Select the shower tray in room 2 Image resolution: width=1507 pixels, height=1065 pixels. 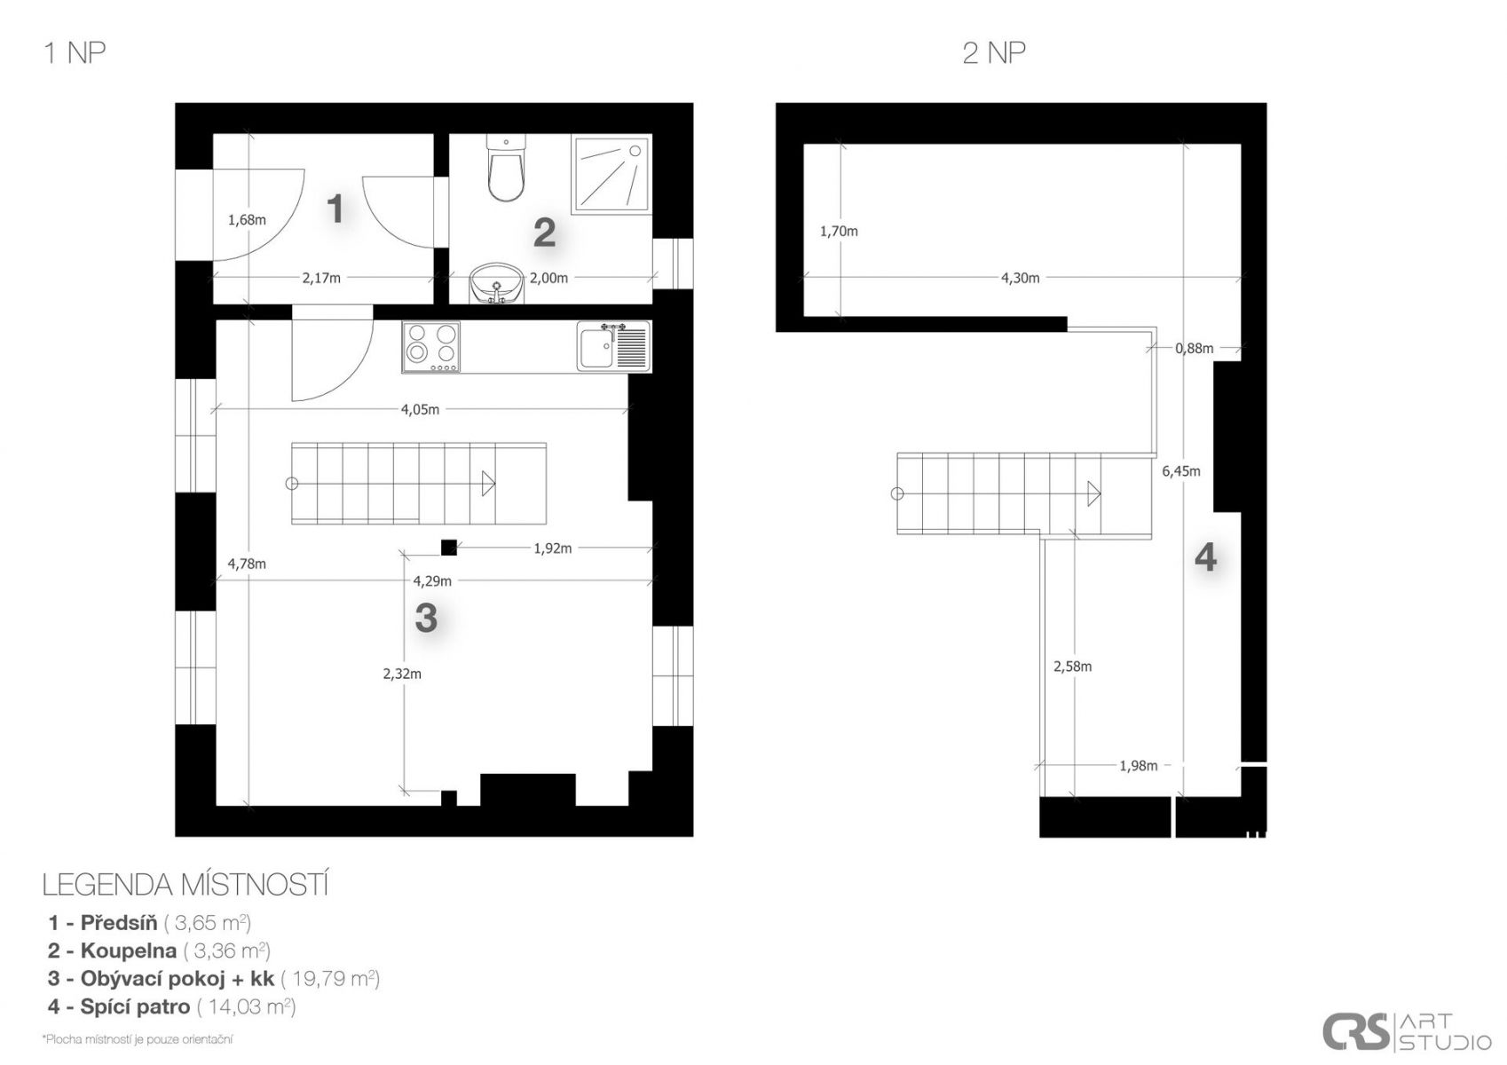pos(611,175)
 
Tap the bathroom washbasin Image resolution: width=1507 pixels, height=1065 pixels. pos(496,282)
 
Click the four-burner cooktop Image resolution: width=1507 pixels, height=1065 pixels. pos(431,347)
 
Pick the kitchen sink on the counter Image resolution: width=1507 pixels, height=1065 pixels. pos(613,346)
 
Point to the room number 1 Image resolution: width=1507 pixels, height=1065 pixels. pos(335,209)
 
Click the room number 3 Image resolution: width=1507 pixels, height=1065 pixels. pos(426,618)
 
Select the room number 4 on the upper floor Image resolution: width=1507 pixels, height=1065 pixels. pos(1205,557)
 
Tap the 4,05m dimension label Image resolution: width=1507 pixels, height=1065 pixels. pos(420,409)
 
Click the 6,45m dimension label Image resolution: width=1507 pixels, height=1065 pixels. pos(1180,471)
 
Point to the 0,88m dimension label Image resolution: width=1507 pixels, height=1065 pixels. pos(1195,348)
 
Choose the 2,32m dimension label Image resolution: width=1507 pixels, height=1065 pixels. pos(402,674)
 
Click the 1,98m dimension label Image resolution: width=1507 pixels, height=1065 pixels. pos(1139,766)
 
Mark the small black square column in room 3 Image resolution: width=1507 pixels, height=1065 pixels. pos(449,548)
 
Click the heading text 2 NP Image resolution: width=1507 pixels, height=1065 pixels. pos(994,53)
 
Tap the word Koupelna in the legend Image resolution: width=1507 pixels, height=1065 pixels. pos(129,951)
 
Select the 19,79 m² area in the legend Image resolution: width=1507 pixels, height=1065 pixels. pos(329,978)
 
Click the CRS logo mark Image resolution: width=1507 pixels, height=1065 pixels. pos(1355,1031)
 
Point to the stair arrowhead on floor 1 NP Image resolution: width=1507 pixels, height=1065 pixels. pos(488,484)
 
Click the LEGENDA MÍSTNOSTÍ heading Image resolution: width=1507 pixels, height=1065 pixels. pos(185,885)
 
